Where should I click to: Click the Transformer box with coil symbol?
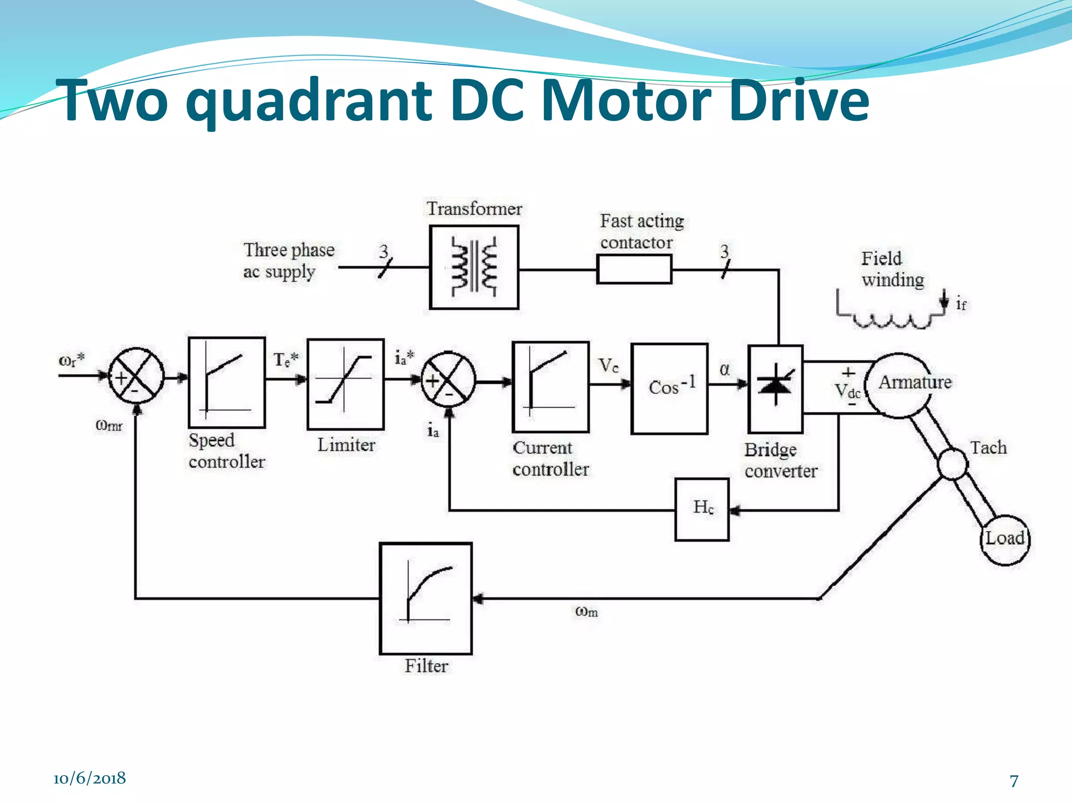tap(474, 267)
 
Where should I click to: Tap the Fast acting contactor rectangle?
tap(634, 269)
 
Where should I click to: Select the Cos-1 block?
tap(669, 388)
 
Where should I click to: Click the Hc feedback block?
tap(702, 509)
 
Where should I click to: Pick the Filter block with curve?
tap(426, 598)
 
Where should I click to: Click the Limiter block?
tap(345, 384)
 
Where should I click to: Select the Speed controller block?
tap(227, 382)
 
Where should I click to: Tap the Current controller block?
tap(550, 386)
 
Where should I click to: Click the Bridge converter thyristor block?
tap(775, 388)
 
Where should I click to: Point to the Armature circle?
tap(900, 385)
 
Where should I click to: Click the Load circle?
tap(1004, 539)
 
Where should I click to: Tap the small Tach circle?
tap(952, 464)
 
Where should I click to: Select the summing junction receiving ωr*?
tap(136, 376)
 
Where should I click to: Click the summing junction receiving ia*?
tap(449, 379)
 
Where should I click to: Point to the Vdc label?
tap(847, 390)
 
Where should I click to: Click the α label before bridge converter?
tap(724, 370)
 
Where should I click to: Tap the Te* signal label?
tap(286, 360)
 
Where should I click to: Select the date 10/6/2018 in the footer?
tap(90, 778)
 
